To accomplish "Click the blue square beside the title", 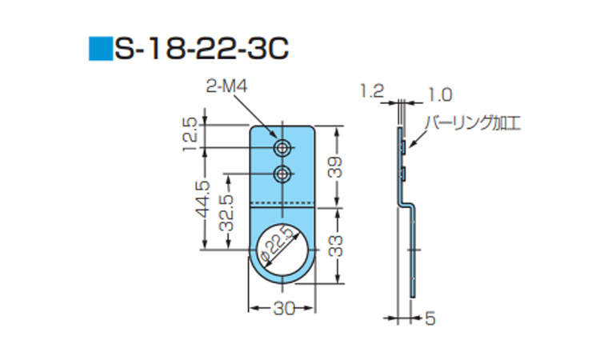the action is pyautogui.click(x=101, y=49).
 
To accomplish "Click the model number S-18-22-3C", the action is pyautogui.click(x=202, y=49).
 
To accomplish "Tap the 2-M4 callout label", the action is pyautogui.click(x=226, y=86).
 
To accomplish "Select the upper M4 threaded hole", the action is pyautogui.click(x=282, y=147).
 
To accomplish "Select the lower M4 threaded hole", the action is pyautogui.click(x=282, y=175).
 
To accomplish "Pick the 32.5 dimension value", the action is pyautogui.click(x=226, y=213).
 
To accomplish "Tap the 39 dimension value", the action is pyautogui.click(x=336, y=167).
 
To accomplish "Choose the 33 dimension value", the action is pyautogui.click(x=336, y=246).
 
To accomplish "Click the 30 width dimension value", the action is pyautogui.click(x=285, y=308).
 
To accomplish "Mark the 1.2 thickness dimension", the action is pyautogui.click(x=371, y=91).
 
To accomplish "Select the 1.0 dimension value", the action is pyautogui.click(x=440, y=94).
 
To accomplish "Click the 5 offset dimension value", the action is pyautogui.click(x=430, y=318).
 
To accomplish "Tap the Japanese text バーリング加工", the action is pyautogui.click(x=474, y=123).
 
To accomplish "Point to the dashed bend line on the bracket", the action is pyautogui.click(x=282, y=202).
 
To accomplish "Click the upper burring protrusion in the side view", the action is pyautogui.click(x=404, y=147).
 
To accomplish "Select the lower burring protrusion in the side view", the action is pyautogui.click(x=404, y=174).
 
